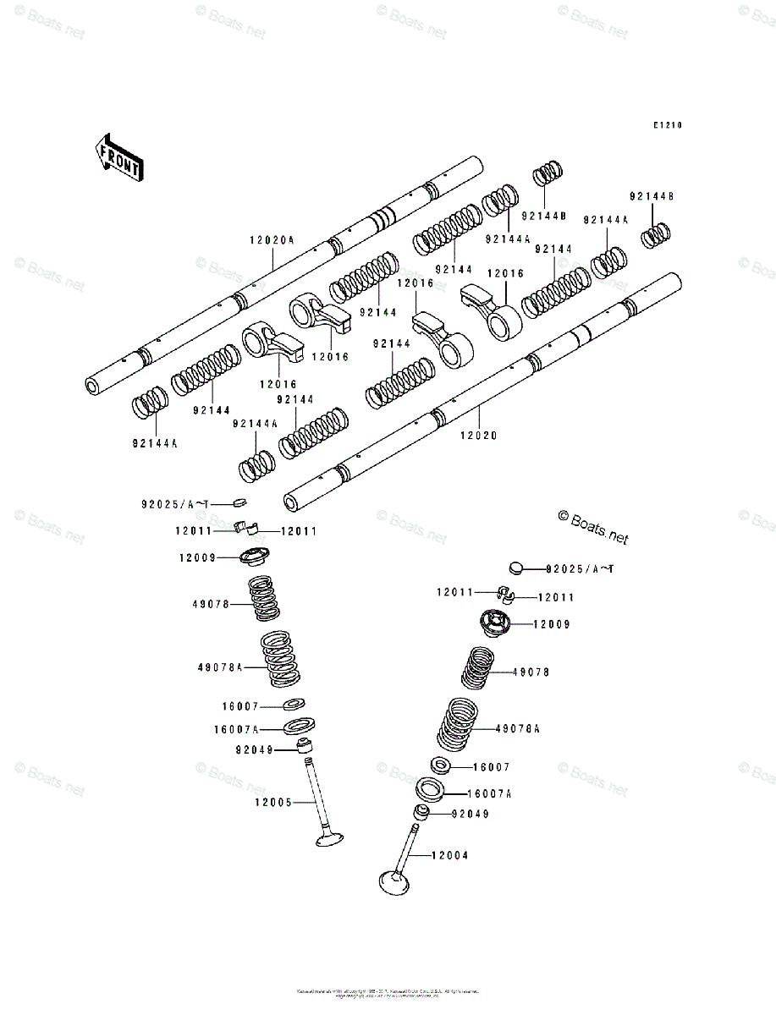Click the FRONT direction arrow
tap(118, 157)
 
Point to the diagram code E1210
tap(667, 125)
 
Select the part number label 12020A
tap(271, 239)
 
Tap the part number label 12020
tap(479, 436)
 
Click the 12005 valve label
tap(272, 802)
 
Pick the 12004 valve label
tap(449, 855)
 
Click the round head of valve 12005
tap(330, 839)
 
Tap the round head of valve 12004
tap(395, 881)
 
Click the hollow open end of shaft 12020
tap(292, 503)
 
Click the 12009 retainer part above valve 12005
tap(252, 557)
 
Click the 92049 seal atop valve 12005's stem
tap(305, 747)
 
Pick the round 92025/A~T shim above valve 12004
tap(517, 568)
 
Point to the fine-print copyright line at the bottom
tap(388, 991)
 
